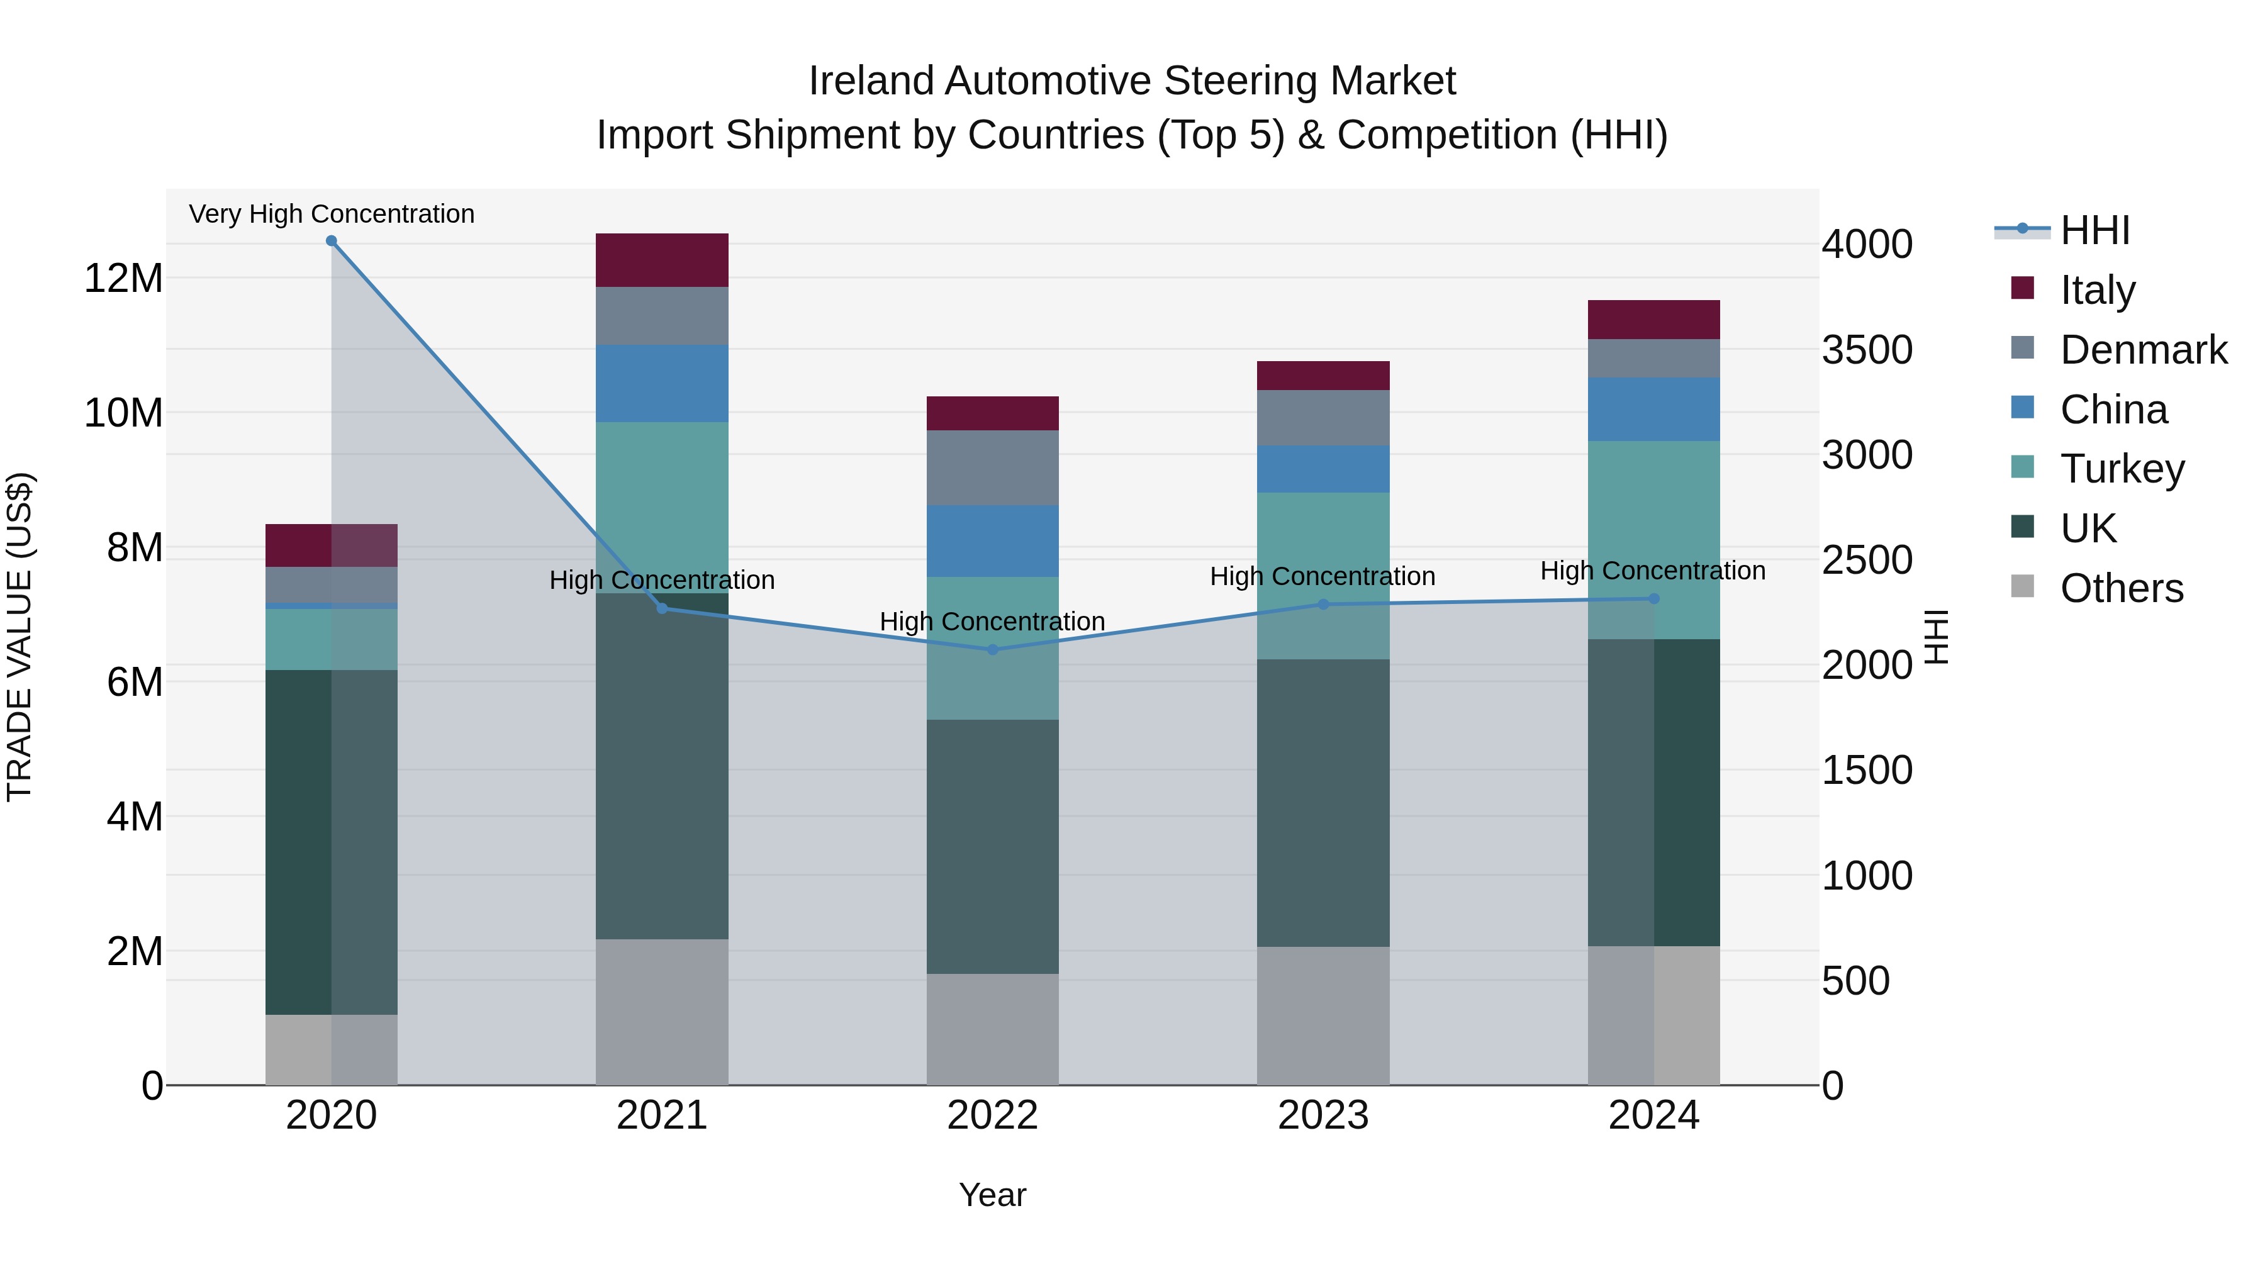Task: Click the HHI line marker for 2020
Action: click(x=332, y=241)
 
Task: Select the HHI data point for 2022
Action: click(x=993, y=650)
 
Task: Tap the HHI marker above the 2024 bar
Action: click(x=1654, y=599)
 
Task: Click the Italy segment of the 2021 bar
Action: click(x=662, y=260)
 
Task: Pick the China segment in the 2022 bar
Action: click(x=993, y=540)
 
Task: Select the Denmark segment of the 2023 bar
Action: click(x=1323, y=418)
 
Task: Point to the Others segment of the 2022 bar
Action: click(x=993, y=1029)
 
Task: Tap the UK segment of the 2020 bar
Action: click(x=332, y=842)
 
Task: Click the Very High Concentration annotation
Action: click(x=332, y=214)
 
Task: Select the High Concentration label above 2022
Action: click(x=993, y=622)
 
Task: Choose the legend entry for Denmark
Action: click(x=2143, y=350)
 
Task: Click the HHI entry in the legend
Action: click(x=2094, y=230)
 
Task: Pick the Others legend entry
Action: click(x=2121, y=588)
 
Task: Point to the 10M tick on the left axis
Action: click(x=123, y=412)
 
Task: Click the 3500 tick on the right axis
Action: click(x=1867, y=350)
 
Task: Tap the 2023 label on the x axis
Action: click(x=1323, y=1115)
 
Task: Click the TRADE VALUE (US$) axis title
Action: click(x=20, y=637)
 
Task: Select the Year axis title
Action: click(x=993, y=1195)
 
